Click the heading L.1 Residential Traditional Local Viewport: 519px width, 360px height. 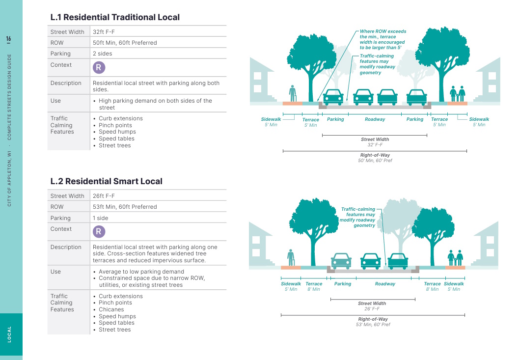115,17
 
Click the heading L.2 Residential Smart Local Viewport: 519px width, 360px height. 106,181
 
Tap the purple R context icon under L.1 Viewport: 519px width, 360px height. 99,68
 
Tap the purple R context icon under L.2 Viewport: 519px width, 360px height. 99,232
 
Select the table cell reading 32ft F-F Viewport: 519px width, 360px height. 104,32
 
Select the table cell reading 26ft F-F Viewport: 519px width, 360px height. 104,196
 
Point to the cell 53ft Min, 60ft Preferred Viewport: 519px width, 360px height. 125,207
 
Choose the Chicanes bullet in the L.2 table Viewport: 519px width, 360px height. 111,309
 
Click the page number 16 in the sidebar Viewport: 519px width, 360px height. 9,39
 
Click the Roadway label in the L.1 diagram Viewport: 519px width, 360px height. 375,119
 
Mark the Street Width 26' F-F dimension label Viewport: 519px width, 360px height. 372,306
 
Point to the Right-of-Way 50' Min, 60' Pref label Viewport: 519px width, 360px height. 375,158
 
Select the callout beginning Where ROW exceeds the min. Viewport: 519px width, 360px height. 383,40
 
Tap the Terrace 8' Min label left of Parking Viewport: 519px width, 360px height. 314,286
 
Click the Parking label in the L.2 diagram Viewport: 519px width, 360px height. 343,284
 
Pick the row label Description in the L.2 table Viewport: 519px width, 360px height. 66,247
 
